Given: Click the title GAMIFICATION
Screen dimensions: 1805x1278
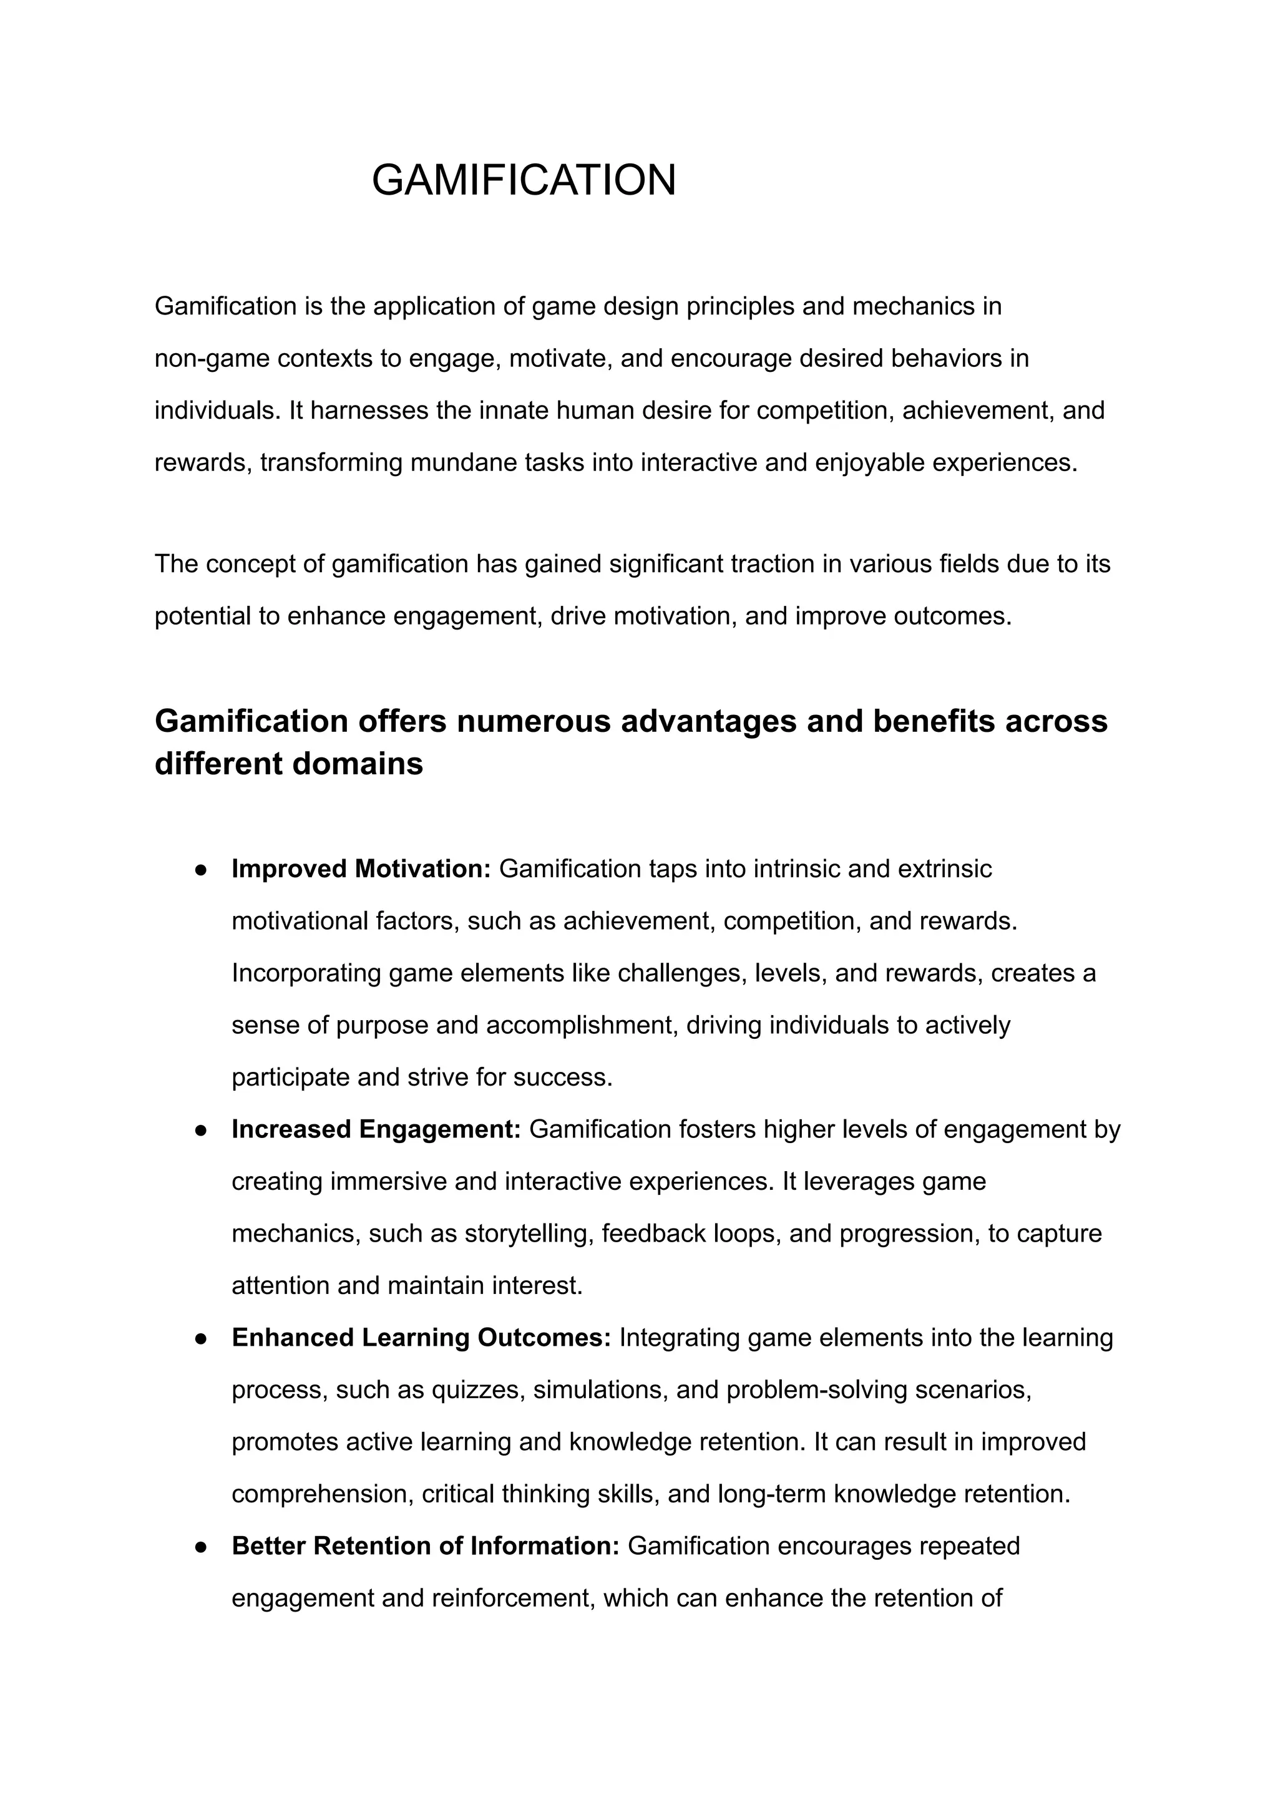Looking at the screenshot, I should click(524, 180).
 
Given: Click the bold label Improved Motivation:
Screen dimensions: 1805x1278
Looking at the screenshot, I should click(361, 868).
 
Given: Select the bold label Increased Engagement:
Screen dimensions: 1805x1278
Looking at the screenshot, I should click(376, 1129).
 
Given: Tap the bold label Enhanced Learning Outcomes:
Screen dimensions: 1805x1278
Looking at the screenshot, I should click(421, 1338).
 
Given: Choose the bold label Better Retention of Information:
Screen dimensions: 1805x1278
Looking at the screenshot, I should click(426, 1546).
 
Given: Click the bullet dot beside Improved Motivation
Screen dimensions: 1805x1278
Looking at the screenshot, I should click(201, 870).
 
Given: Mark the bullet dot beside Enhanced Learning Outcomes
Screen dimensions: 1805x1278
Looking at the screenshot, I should click(201, 1338).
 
